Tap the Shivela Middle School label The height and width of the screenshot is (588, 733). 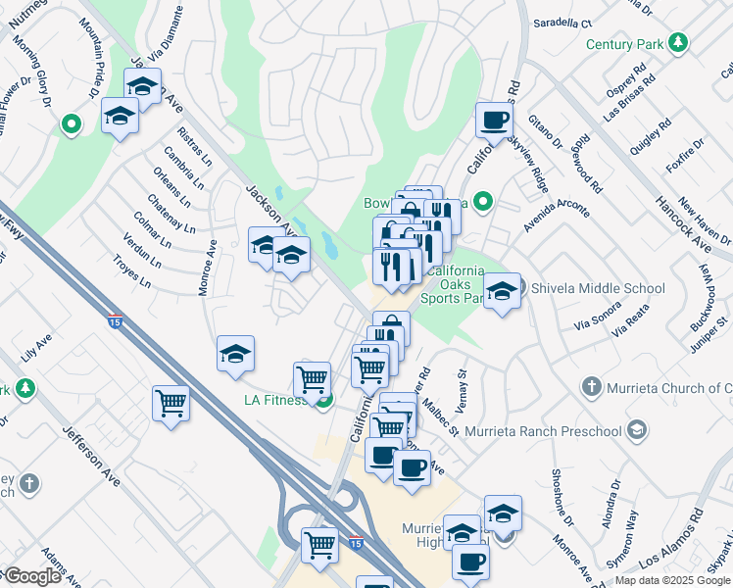(597, 288)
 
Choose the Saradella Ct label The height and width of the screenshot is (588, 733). (562, 23)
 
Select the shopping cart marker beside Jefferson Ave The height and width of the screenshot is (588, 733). (171, 403)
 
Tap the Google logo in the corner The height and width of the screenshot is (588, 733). (31, 576)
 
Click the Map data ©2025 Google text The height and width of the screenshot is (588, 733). (672, 580)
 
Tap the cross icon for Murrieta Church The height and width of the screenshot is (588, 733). (591, 387)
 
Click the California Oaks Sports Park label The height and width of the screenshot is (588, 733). (452, 285)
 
